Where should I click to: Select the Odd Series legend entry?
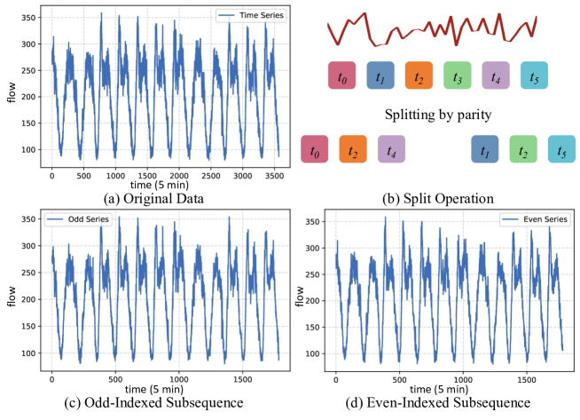click(x=72, y=219)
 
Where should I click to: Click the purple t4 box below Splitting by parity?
click(x=391, y=148)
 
